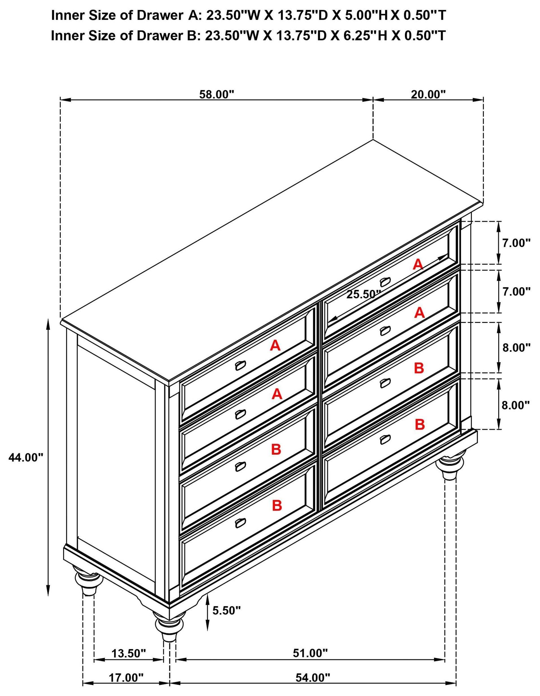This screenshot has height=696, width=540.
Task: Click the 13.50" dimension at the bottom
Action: point(128,654)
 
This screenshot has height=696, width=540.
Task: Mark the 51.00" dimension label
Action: point(310,654)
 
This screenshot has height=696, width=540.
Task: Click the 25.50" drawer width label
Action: point(363,294)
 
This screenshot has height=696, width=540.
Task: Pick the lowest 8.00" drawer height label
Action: point(515,405)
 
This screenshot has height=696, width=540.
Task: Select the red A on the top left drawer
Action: point(275,345)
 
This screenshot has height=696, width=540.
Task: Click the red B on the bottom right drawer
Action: point(420,424)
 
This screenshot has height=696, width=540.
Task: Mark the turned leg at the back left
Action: point(85,582)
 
